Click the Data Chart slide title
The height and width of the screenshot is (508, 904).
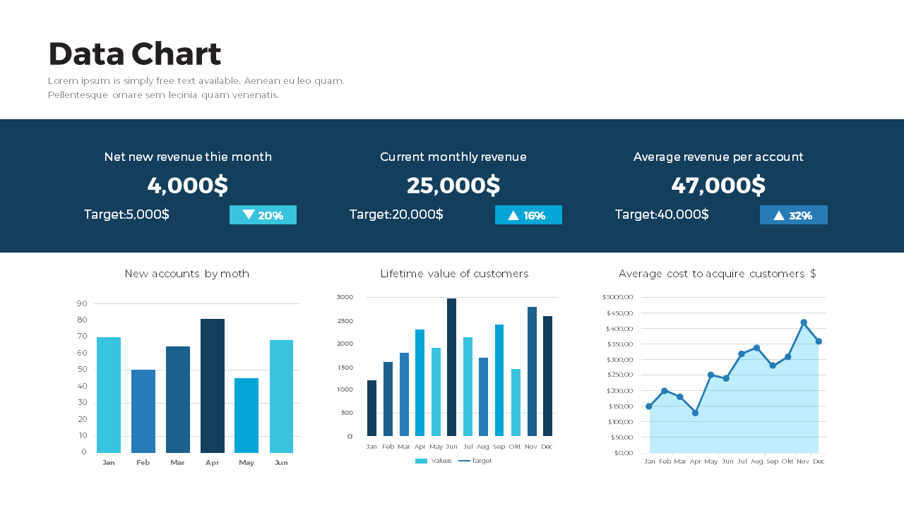tap(135, 54)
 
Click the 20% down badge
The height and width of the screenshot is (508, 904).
tap(263, 215)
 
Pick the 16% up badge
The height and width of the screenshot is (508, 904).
tap(528, 215)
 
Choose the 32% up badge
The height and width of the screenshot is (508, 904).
tap(793, 215)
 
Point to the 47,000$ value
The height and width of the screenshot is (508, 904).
tap(718, 186)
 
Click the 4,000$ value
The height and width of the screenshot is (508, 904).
tap(188, 186)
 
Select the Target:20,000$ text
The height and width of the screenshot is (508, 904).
tap(396, 214)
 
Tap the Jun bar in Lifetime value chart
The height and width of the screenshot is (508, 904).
tap(451, 367)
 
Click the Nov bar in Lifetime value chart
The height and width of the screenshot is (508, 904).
tap(532, 371)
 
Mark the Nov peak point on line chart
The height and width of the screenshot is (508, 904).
tap(804, 322)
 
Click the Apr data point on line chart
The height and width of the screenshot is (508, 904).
tap(695, 413)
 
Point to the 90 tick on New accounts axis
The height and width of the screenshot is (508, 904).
tap(82, 303)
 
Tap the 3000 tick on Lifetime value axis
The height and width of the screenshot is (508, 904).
tap(345, 297)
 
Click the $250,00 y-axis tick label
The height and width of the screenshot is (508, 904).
tap(619, 375)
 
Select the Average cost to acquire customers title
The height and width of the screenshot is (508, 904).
tap(717, 274)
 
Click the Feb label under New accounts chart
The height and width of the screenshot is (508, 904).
tap(143, 463)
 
